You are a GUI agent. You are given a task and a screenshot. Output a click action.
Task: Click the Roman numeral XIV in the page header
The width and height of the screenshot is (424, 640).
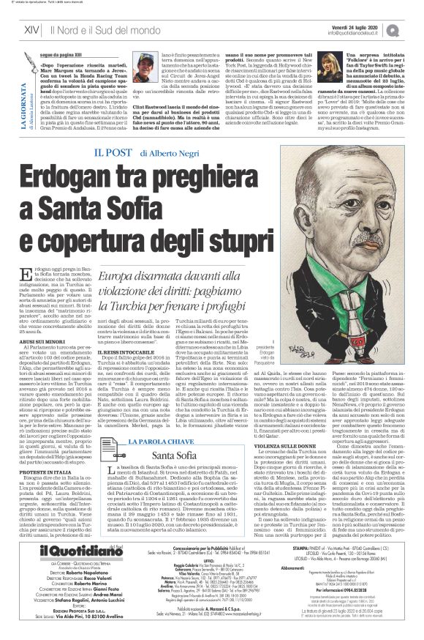31,29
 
